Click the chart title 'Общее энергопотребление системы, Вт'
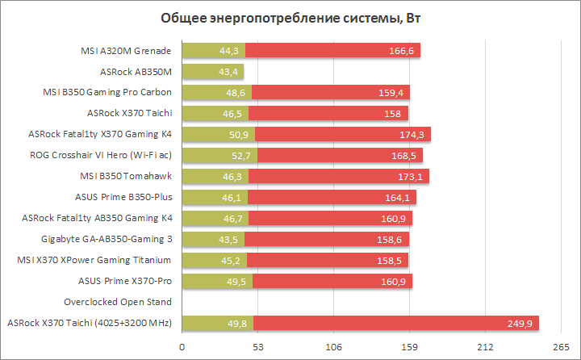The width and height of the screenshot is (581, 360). (290, 18)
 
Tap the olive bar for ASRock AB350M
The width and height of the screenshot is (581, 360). (212, 71)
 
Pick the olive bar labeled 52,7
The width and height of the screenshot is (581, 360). (219, 155)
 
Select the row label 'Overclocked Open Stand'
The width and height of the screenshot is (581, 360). (119, 302)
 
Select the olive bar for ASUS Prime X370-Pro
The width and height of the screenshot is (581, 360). (217, 281)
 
